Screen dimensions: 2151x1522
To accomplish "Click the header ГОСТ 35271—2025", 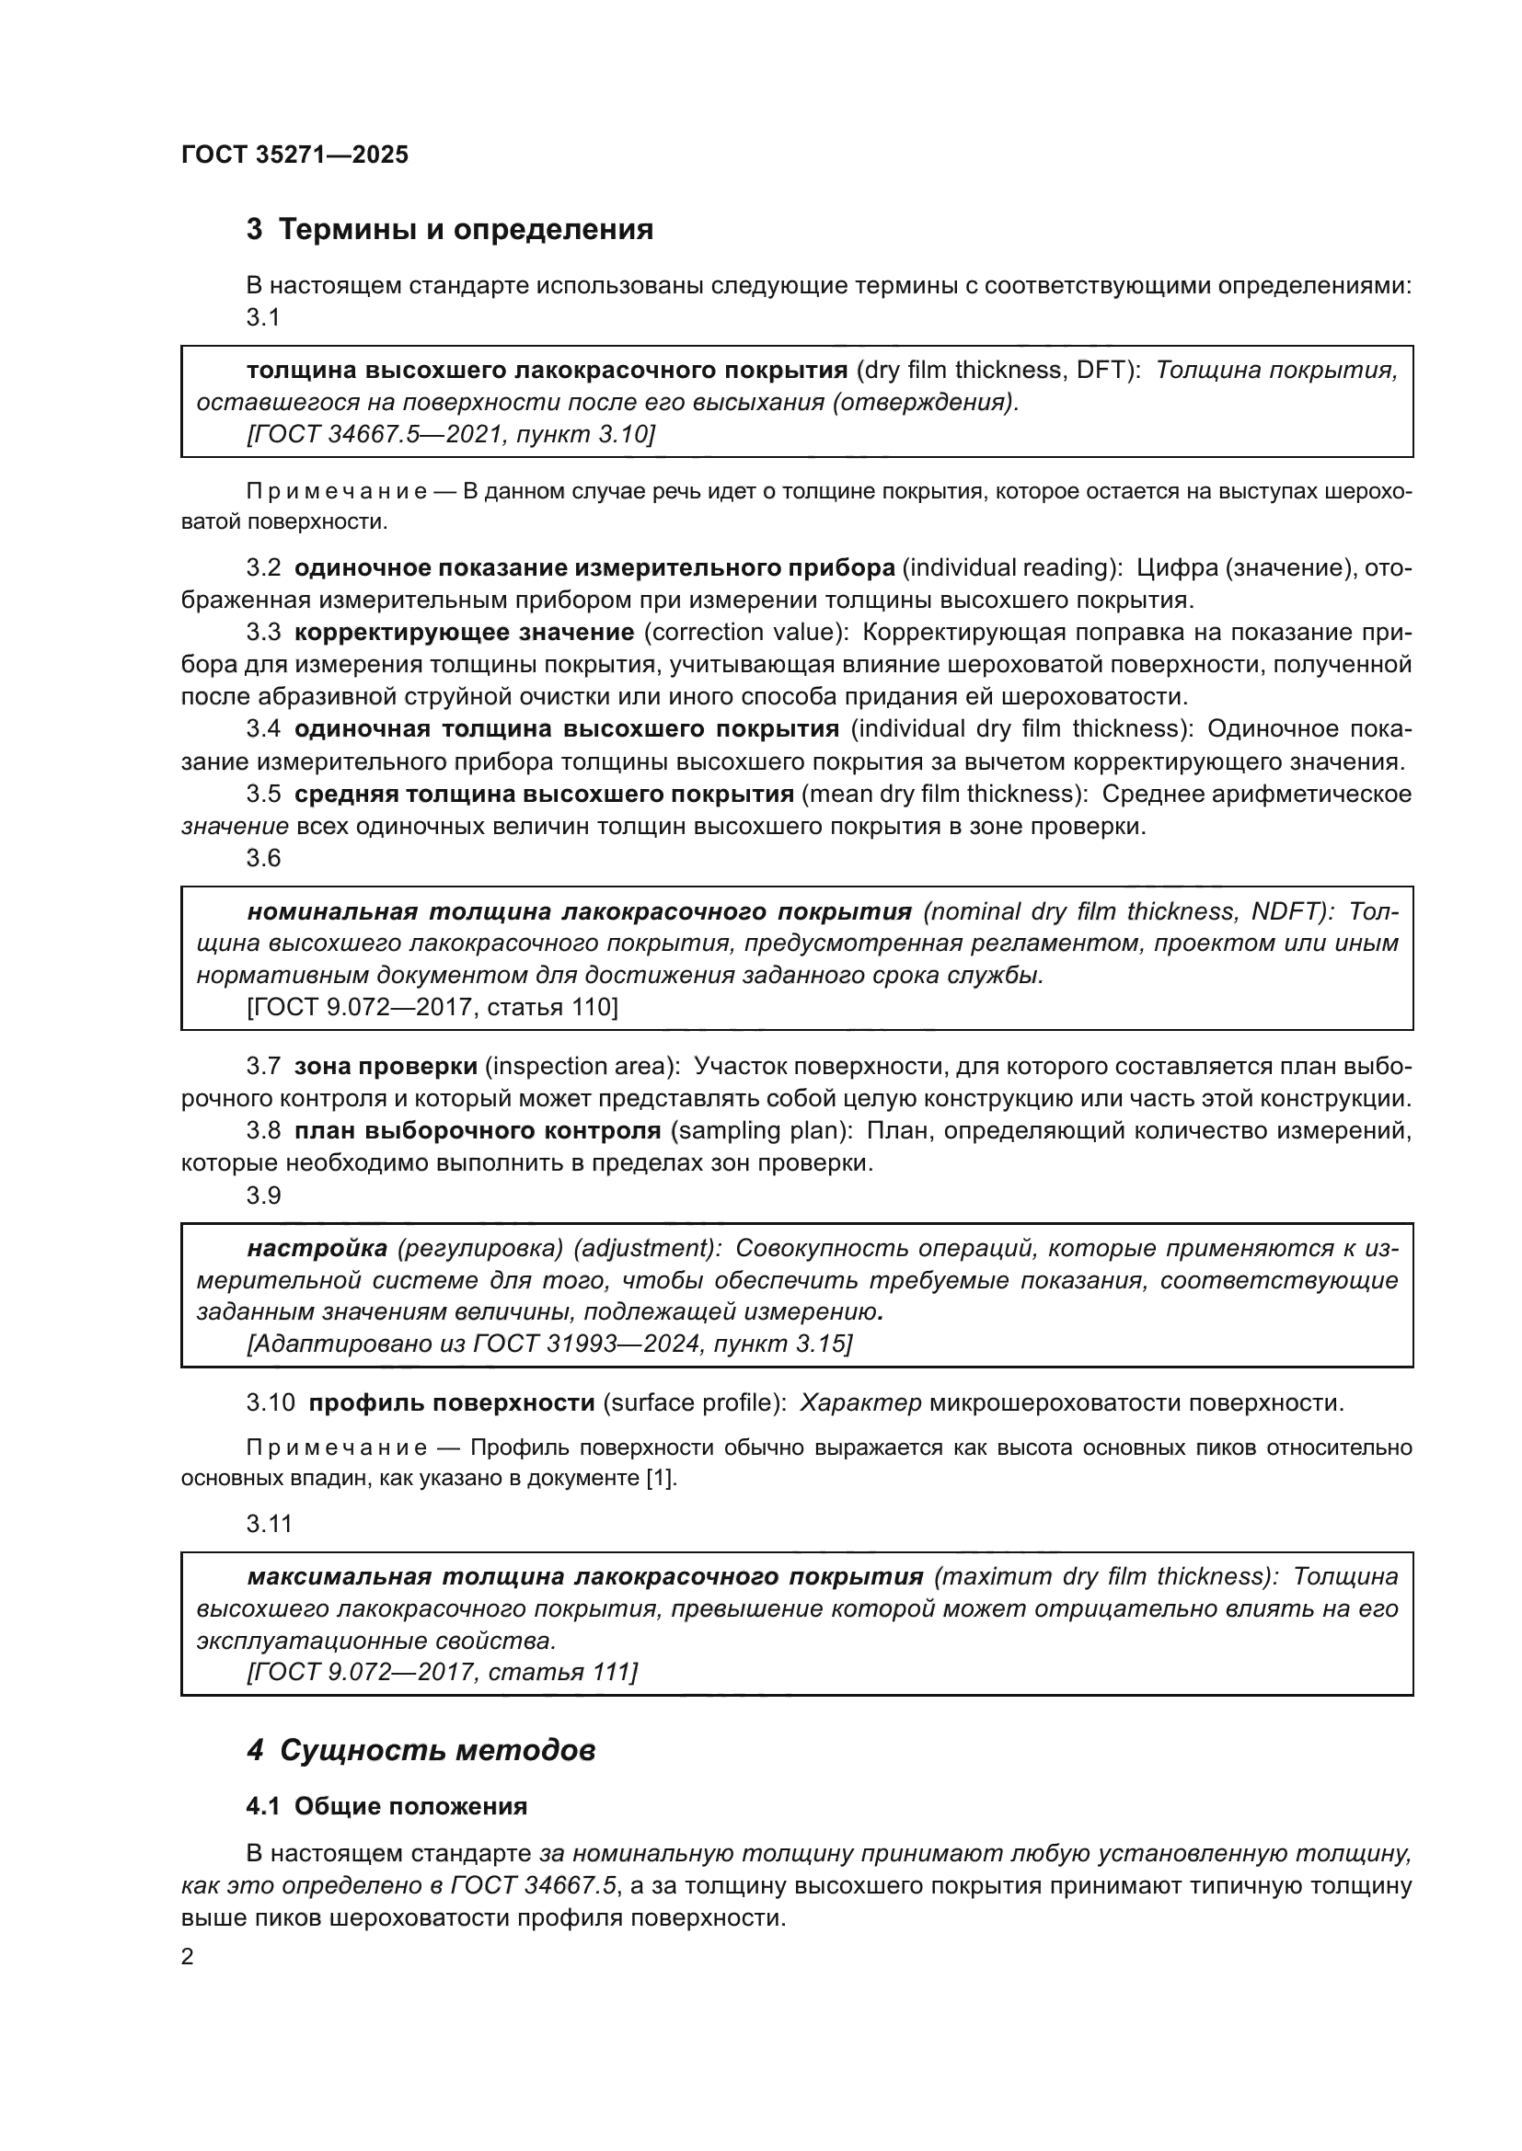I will (294, 155).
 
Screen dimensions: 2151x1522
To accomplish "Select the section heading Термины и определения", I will (466, 230).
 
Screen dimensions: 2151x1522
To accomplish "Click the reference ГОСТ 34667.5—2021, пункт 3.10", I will (450, 434).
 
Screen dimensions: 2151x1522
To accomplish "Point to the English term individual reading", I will (1011, 567).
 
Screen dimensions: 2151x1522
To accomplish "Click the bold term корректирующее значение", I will (464, 633).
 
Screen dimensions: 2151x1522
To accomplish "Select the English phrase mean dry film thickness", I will (940, 795).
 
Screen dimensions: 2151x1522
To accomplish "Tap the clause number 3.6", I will (263, 858).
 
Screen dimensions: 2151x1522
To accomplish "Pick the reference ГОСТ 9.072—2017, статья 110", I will (432, 1007).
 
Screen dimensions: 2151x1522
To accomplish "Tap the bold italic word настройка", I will (317, 1248).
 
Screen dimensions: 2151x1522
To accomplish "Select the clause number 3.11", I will (269, 1523).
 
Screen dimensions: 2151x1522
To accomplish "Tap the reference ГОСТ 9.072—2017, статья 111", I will (442, 1672).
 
